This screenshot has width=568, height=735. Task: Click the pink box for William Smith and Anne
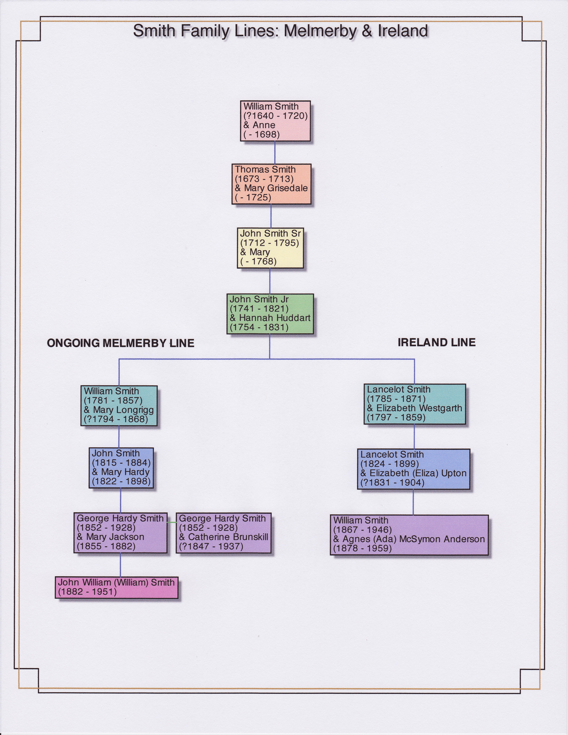pos(275,121)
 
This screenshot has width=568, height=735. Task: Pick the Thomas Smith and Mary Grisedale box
pos(271,184)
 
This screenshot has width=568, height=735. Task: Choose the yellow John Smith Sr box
pos(270,248)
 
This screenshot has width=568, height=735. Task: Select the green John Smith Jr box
pos(270,314)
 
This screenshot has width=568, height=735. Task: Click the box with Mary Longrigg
pos(119,405)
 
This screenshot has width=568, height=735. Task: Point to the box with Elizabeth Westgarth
pos(415,404)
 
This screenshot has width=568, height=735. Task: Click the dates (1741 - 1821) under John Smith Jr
pos(259,309)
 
